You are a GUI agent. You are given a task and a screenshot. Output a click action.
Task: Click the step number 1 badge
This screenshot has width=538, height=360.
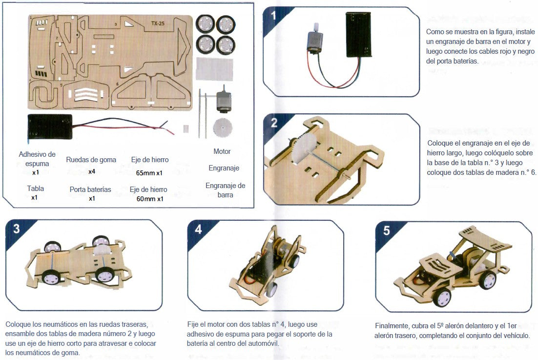point(273,16)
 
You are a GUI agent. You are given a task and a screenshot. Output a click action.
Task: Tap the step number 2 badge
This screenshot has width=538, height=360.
point(274,123)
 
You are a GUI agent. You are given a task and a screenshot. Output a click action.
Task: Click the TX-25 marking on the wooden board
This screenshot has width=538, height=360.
point(157,23)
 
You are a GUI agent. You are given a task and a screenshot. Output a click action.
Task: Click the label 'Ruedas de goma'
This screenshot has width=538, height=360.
point(91,160)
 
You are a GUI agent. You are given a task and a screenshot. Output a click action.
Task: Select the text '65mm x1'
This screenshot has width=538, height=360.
point(149,173)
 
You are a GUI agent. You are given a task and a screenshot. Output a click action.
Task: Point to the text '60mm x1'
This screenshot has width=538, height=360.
point(149,199)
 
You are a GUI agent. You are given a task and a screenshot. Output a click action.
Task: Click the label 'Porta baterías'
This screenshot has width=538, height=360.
point(90,189)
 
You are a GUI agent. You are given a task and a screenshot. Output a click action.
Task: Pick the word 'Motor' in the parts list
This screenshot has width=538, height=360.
point(222,151)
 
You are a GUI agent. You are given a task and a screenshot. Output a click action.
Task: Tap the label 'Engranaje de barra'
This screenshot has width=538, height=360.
point(225,190)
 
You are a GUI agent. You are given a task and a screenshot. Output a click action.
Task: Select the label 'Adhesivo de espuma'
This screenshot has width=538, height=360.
point(37,159)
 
